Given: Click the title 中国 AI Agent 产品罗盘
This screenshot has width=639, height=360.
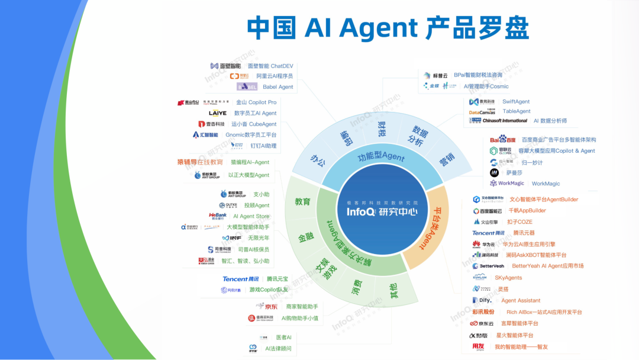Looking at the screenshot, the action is tap(388, 28).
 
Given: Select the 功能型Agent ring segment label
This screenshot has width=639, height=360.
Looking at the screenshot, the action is tap(381, 157).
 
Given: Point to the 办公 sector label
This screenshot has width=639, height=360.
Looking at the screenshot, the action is tap(318, 161).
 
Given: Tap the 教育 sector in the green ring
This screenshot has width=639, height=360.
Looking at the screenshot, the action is tap(303, 202).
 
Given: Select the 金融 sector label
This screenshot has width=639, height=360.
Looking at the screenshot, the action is tap(306, 238).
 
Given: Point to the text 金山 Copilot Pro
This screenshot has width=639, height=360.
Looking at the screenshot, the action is tap(256, 102).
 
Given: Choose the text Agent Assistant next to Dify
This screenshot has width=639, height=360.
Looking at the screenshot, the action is tap(521, 301).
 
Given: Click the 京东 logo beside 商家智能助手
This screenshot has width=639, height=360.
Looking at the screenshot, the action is tap(266, 307).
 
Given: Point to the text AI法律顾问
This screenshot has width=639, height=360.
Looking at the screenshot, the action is tap(278, 349).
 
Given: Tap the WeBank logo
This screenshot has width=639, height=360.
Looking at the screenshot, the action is tap(218, 216).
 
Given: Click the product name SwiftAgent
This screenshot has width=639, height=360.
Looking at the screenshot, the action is tap(516, 102).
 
